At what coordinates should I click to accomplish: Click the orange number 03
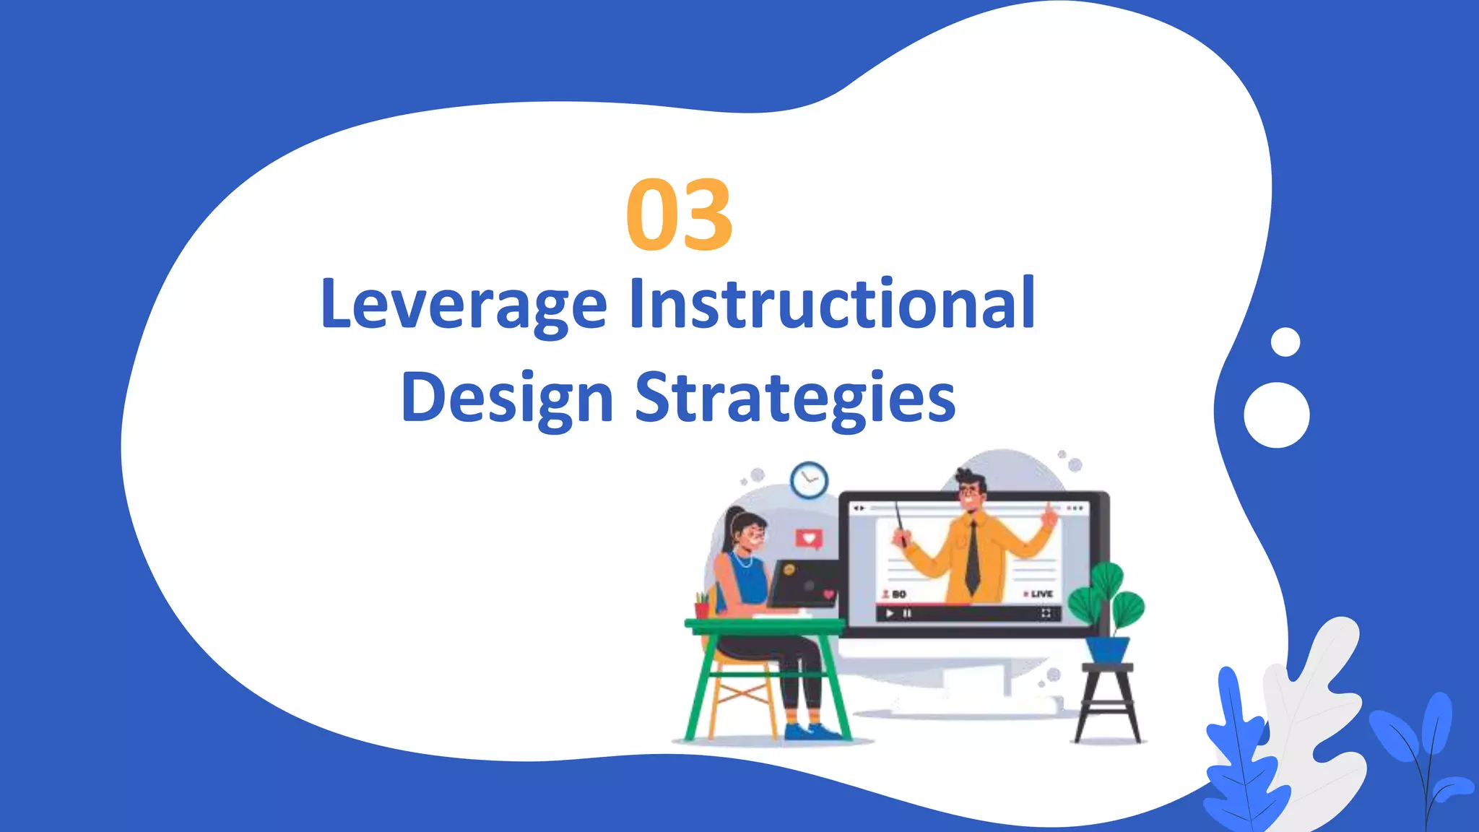(679, 215)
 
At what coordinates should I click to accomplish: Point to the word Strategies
(794, 399)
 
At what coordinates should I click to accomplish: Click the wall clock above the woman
(809, 480)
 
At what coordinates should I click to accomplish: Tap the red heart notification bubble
(809, 538)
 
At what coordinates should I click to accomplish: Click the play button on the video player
(890, 614)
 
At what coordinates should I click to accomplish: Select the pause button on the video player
(907, 614)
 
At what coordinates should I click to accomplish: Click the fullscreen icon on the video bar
(1045, 614)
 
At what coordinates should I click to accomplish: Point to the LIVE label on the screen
(1041, 594)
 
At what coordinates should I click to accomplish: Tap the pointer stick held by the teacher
(899, 520)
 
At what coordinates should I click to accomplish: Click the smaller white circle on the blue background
(1285, 342)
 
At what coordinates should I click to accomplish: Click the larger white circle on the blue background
(1276, 415)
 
